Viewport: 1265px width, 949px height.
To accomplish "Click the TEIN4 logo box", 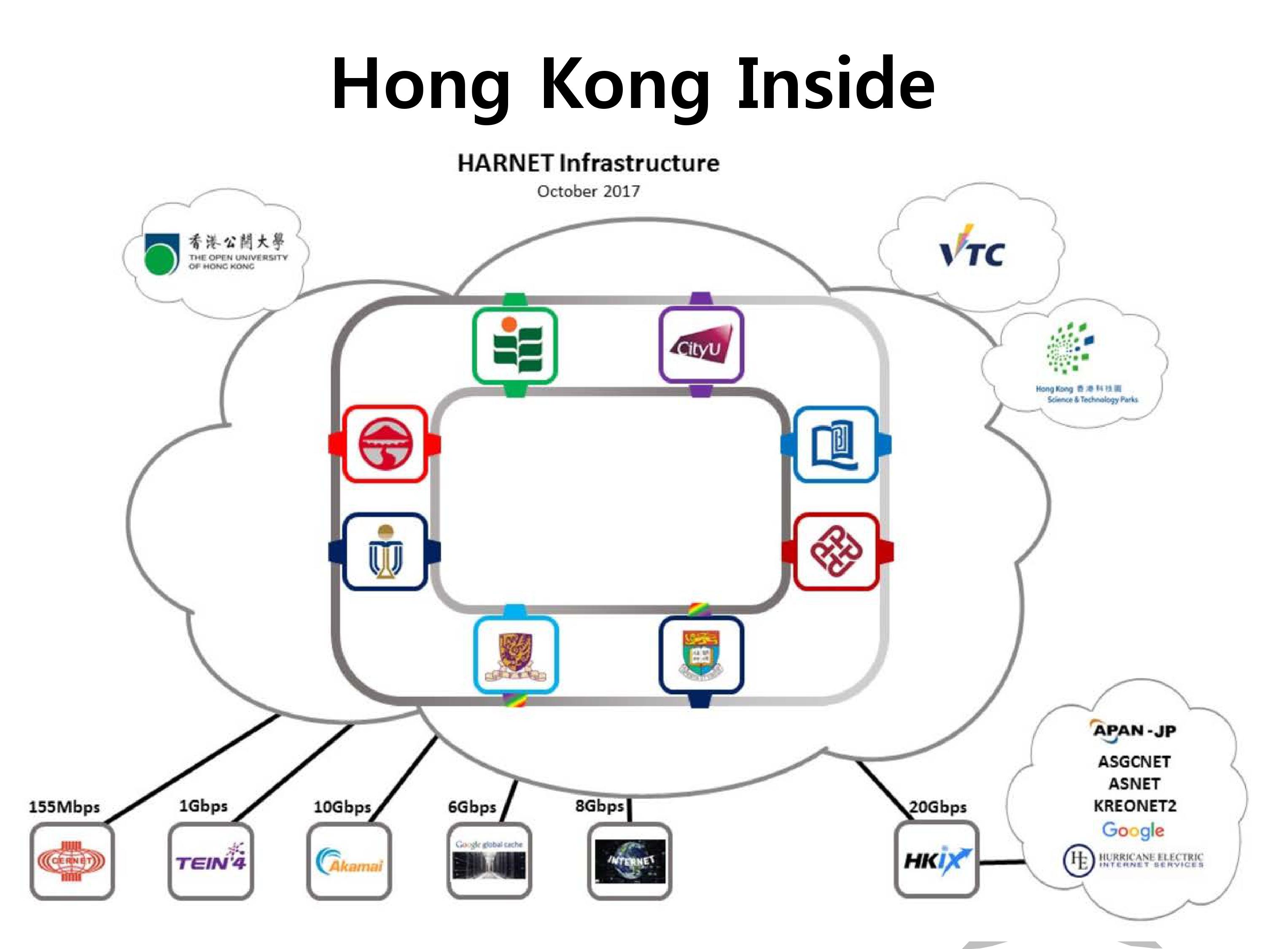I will point(210,860).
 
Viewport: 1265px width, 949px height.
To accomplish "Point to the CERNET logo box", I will point(72,861).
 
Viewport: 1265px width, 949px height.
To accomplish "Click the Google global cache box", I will point(489,860).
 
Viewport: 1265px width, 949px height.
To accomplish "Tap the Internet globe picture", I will point(630,860).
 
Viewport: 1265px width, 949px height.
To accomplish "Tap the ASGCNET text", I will point(1134,761).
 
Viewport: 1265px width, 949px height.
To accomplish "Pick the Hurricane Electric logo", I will point(1133,860).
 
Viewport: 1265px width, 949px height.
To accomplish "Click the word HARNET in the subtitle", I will point(505,163).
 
